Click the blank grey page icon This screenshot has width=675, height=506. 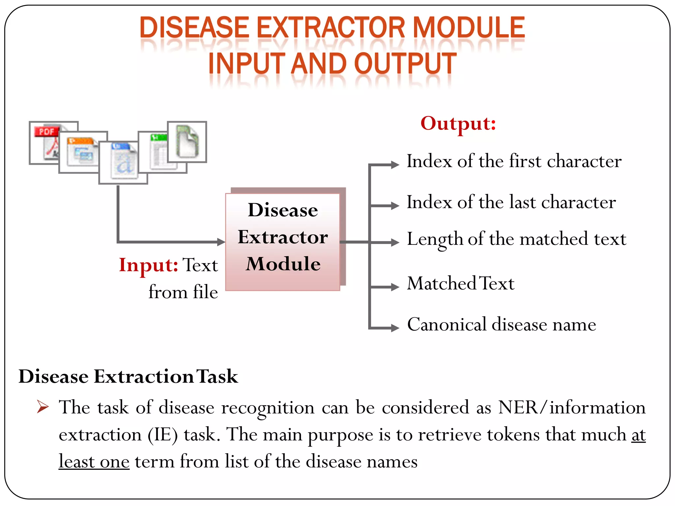(x=187, y=141)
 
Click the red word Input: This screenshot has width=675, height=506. (x=148, y=265)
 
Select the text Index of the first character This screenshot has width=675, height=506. (x=514, y=161)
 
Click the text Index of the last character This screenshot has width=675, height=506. (x=511, y=202)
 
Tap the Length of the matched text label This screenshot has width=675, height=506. (x=516, y=239)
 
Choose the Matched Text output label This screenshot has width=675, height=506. (x=460, y=283)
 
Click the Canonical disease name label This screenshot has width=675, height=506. (x=501, y=324)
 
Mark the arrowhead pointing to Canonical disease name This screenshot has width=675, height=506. (x=395, y=328)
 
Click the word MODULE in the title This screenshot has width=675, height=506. (x=468, y=28)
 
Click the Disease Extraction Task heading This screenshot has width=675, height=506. (x=128, y=376)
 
